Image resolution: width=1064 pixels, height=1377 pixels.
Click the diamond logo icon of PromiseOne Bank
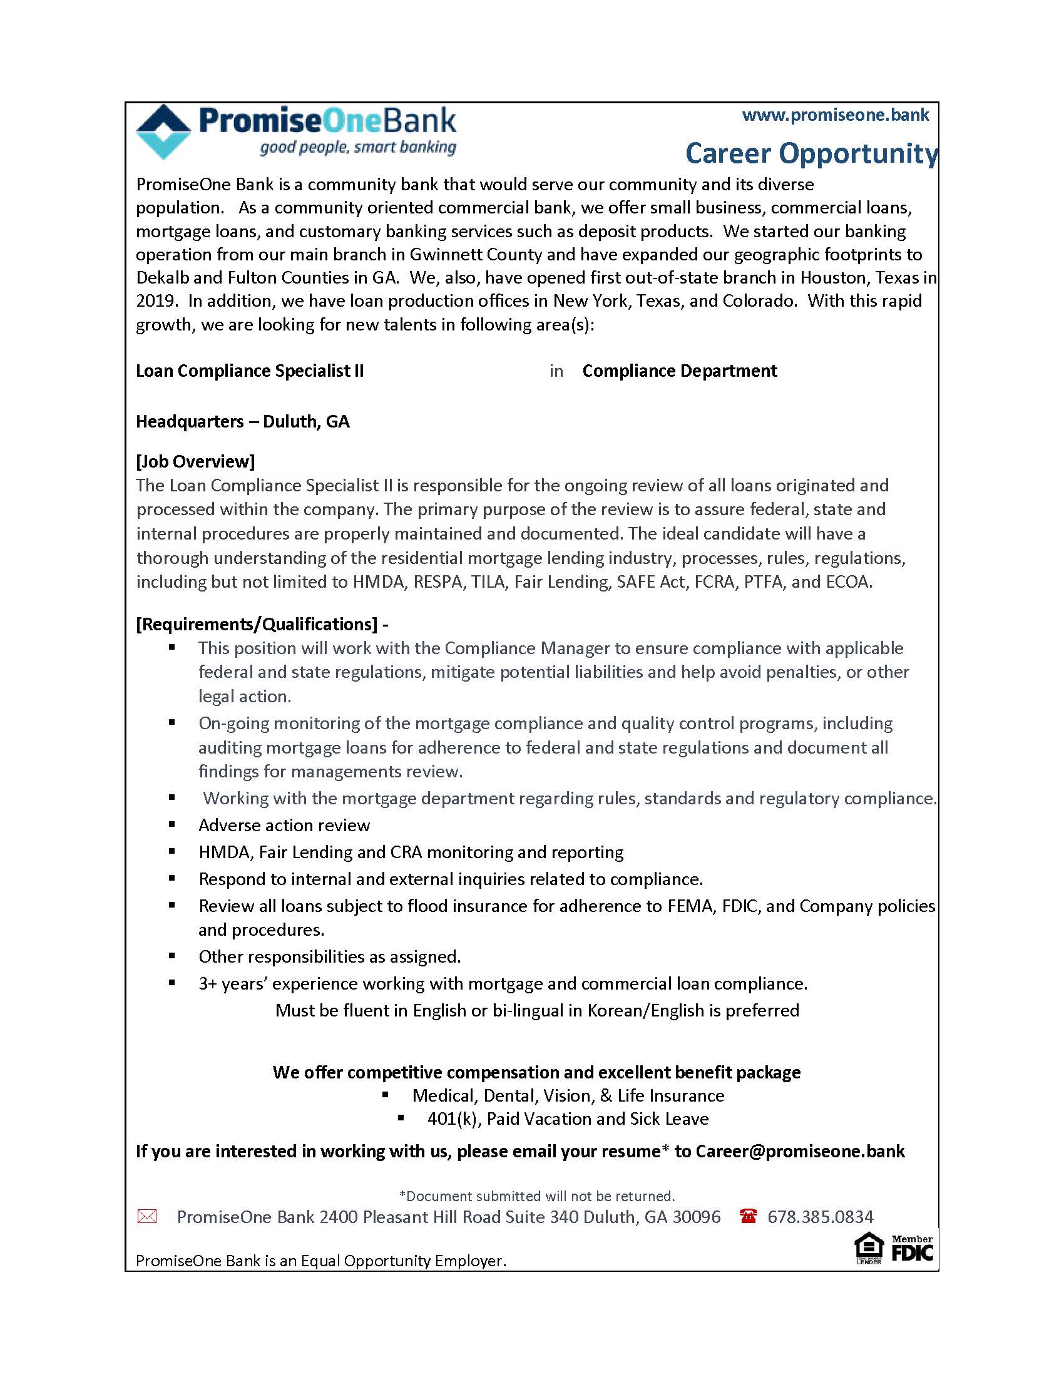tap(163, 131)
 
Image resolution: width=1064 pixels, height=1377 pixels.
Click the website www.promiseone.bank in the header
tap(835, 115)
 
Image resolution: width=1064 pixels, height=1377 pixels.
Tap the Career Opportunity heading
tap(811, 153)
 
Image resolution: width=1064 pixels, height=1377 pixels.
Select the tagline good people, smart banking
tap(358, 148)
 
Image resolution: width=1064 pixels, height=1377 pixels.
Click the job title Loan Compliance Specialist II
tap(250, 371)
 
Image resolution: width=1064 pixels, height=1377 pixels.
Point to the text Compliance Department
tap(680, 371)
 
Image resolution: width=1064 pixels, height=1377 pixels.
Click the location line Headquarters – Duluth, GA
tap(243, 421)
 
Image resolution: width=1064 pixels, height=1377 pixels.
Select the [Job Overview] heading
tap(195, 461)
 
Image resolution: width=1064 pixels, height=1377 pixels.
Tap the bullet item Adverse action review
tap(284, 826)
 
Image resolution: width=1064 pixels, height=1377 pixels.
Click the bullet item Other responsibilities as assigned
tap(330, 956)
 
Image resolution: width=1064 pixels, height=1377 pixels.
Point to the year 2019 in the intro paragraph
tap(155, 300)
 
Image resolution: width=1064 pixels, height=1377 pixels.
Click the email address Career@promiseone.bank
tap(800, 1151)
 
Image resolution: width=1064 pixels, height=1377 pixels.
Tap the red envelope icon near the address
tap(147, 1216)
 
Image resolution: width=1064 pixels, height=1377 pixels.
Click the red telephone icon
tap(748, 1216)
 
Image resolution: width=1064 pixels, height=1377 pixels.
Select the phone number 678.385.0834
tap(820, 1217)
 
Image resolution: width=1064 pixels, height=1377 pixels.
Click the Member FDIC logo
tap(912, 1249)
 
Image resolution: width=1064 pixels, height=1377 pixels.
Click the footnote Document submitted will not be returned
tap(537, 1196)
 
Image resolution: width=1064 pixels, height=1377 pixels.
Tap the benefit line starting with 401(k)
tap(567, 1118)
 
